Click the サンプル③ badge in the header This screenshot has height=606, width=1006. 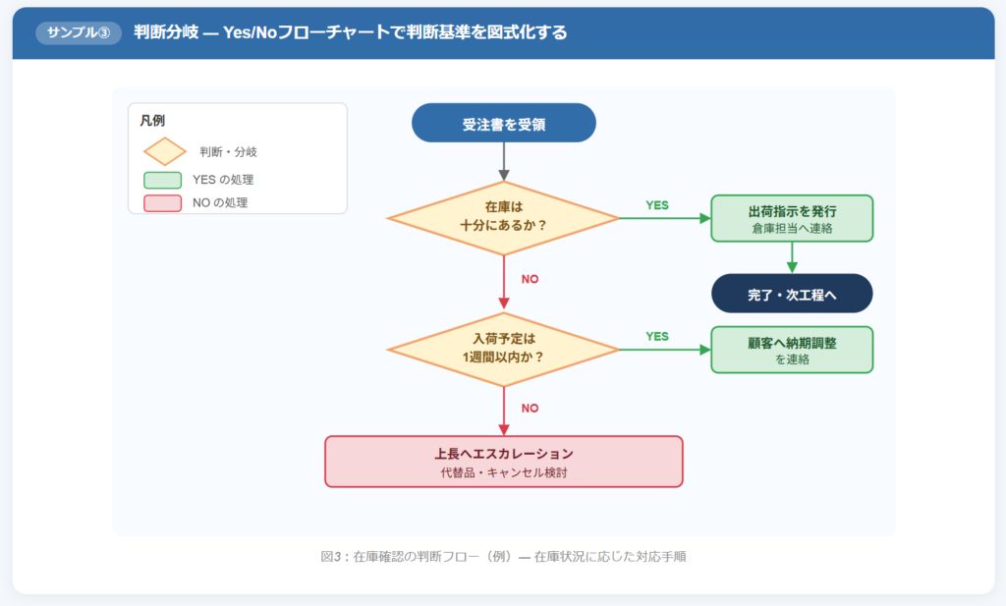78,32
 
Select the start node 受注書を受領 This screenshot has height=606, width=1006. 504,124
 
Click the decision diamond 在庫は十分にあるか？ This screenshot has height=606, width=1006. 503,217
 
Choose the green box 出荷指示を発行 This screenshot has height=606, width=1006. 792,218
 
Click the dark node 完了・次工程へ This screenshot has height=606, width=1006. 792,294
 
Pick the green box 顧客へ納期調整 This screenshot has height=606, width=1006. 792,350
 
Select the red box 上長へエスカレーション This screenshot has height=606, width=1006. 503,461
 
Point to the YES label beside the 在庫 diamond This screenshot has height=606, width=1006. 657,205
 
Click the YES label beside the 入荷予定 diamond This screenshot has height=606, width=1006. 657,336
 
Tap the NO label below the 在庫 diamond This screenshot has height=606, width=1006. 530,279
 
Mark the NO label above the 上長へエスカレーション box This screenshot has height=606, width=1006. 530,408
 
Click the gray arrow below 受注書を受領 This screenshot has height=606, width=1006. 504,160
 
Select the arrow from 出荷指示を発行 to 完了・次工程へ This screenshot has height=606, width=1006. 792,257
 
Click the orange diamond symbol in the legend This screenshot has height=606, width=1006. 164,151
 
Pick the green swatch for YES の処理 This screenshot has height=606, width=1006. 162,180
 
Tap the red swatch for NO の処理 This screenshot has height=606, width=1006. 162,203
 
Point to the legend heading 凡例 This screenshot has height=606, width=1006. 152,121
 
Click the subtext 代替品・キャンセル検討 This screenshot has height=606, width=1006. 503,472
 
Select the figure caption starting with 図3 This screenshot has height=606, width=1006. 503,557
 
